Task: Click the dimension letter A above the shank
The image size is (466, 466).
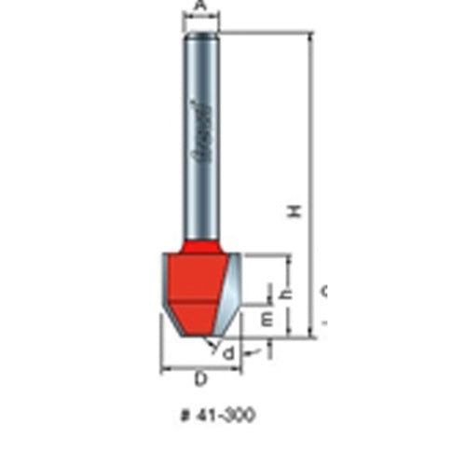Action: (x=199, y=6)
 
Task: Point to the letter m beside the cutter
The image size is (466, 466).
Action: (x=267, y=319)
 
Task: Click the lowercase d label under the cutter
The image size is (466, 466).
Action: (x=226, y=351)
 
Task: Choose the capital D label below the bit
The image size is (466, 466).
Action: (x=200, y=379)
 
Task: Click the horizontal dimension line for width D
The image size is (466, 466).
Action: (x=200, y=368)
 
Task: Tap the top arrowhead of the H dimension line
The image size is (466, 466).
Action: (x=308, y=36)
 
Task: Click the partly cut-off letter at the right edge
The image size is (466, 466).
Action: (x=324, y=292)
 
